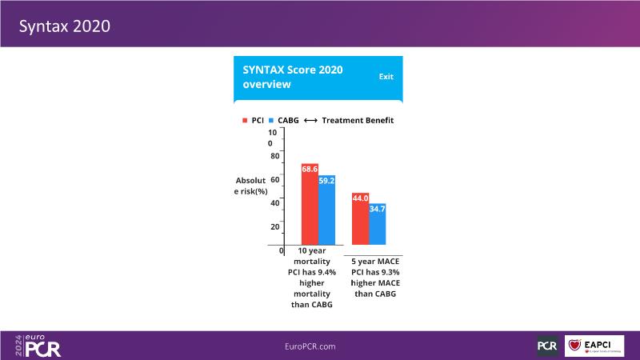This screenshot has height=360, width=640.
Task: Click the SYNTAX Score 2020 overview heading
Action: pos(293,76)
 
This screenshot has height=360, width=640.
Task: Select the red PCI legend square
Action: pos(245,121)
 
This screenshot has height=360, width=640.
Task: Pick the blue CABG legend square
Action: pos(271,121)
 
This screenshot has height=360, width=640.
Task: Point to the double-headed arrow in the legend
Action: pos(311,121)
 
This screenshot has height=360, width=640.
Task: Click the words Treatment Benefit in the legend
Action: pos(358,121)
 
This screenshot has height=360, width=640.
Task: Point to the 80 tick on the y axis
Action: pos(274,155)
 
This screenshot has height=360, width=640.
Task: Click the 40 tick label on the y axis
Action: pos(274,202)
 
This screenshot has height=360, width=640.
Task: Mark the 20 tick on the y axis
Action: pos(274,226)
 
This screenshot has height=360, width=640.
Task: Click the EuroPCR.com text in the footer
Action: pos(310,346)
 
